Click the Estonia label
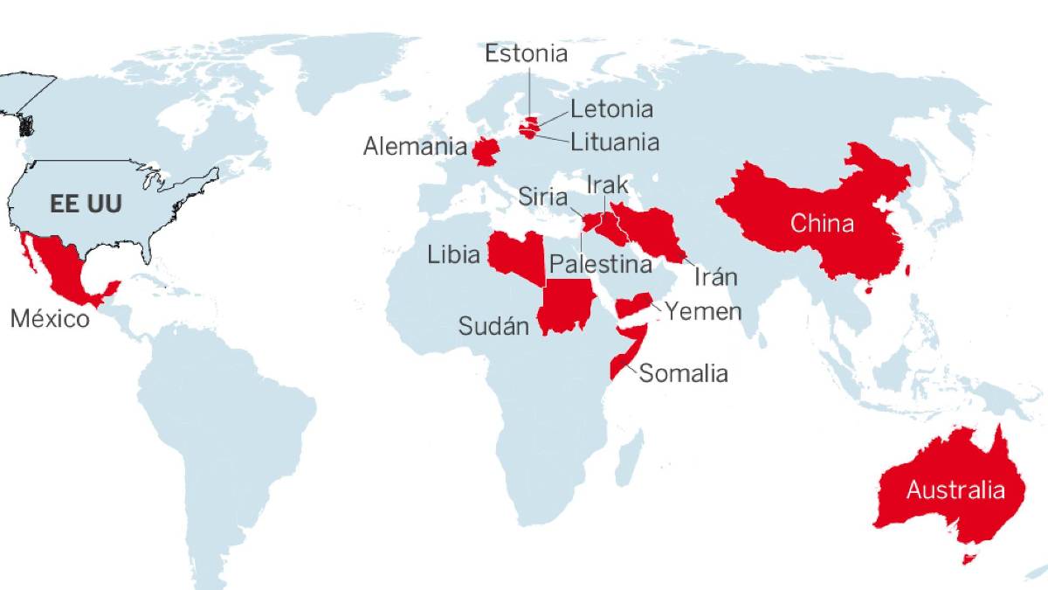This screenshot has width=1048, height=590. pyautogui.click(x=527, y=54)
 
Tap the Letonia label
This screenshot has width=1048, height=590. pyautogui.click(x=611, y=109)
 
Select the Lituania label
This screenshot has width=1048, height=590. pyautogui.click(x=615, y=141)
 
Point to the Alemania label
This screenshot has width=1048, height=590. pyautogui.click(x=415, y=146)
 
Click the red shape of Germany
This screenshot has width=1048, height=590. pyautogui.click(x=486, y=151)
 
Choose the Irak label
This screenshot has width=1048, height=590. pyautogui.click(x=607, y=185)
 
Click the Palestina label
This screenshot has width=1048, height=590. pyautogui.click(x=601, y=263)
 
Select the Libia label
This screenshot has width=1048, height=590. pyautogui.click(x=453, y=255)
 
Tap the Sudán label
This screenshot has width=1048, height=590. pyautogui.click(x=494, y=327)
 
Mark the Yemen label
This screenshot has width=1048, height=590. pyautogui.click(x=703, y=311)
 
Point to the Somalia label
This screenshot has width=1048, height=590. pyautogui.click(x=684, y=374)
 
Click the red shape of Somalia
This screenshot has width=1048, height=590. pyautogui.click(x=631, y=349)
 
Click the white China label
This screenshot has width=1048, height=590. pyautogui.click(x=822, y=224)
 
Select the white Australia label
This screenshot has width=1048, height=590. pyautogui.click(x=955, y=490)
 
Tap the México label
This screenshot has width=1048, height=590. pyautogui.click(x=50, y=319)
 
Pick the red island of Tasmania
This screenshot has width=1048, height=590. pyautogui.click(x=967, y=558)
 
